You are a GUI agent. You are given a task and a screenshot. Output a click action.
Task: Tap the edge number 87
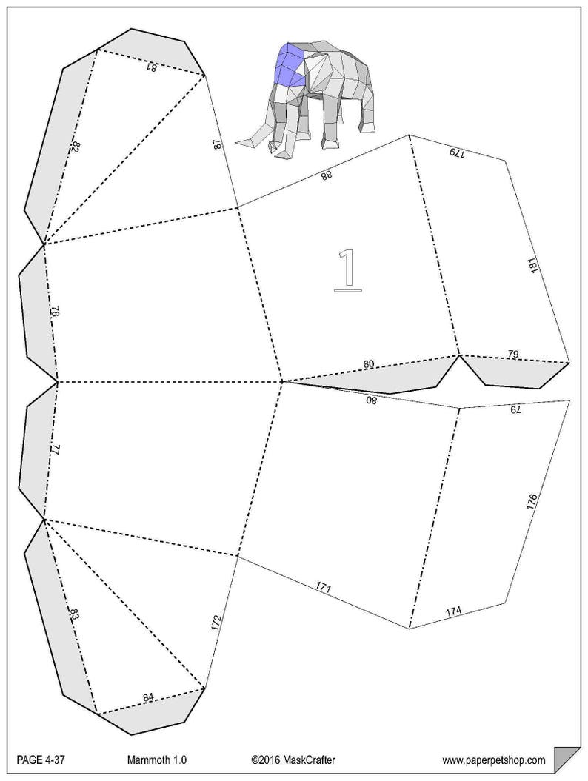[x=217, y=144]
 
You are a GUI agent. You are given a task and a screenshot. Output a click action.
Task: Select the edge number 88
[x=326, y=175]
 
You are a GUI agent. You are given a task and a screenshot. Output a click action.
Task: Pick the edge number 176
[x=532, y=502]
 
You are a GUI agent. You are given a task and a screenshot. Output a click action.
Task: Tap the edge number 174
[x=453, y=610]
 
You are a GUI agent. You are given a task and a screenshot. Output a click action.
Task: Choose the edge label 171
[x=324, y=587]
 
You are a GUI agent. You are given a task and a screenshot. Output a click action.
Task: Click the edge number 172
[x=216, y=623]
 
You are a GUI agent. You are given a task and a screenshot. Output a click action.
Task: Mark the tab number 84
[x=148, y=697]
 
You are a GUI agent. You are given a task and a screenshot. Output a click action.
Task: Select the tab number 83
[x=74, y=614]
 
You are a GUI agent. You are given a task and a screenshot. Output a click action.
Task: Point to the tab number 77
[x=56, y=449]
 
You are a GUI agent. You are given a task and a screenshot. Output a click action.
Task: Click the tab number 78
[x=56, y=312]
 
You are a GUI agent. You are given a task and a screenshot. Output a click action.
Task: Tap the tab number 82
[x=76, y=147]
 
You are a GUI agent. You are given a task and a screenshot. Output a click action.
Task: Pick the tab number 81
[x=151, y=67]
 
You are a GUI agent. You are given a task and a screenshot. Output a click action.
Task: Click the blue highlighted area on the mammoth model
[x=289, y=64]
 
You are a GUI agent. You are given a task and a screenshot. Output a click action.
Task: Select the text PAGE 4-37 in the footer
[x=41, y=760]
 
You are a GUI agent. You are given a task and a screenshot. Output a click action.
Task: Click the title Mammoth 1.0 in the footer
[x=156, y=760]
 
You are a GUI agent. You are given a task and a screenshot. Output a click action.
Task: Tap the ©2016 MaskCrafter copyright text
[x=293, y=760]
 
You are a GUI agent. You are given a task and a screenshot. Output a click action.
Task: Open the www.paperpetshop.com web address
[x=494, y=760]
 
